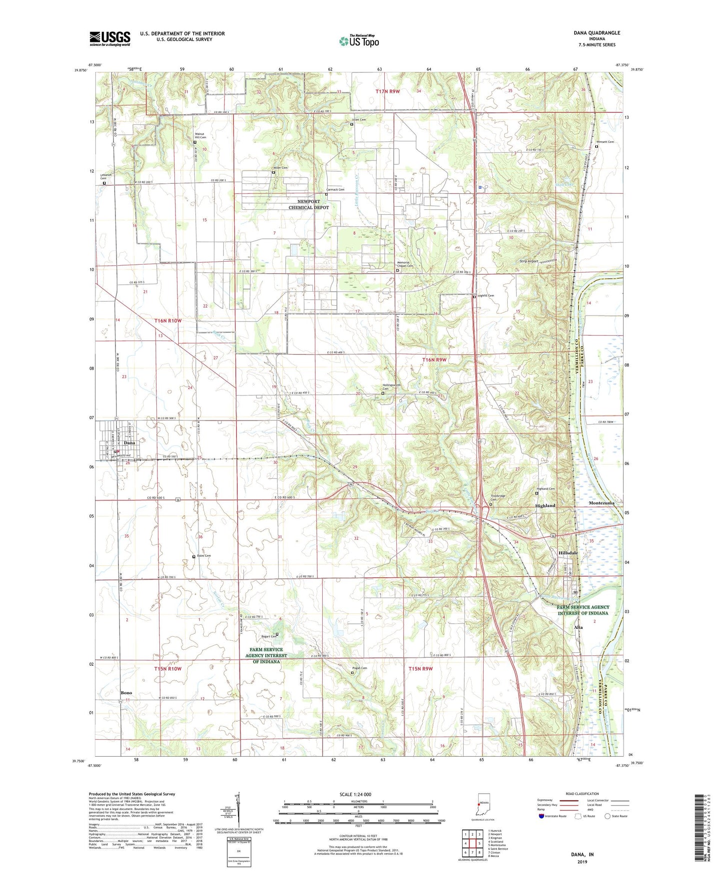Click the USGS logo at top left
coord(110,38)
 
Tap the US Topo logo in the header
coord(358,41)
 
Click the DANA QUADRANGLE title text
coord(597,33)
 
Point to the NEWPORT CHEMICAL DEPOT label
coord(309,204)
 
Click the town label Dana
coord(129,443)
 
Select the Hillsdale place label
coord(568,553)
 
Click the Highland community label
coord(545,505)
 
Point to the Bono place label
coord(126,693)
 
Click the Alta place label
coord(579,627)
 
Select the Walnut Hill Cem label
coord(200,135)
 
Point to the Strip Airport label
coord(529,261)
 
